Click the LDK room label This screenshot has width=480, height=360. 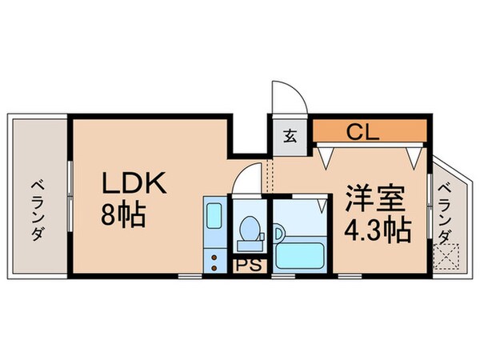pos(133,185)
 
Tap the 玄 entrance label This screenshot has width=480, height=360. pos(290,134)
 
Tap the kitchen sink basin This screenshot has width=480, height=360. pos(214,217)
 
